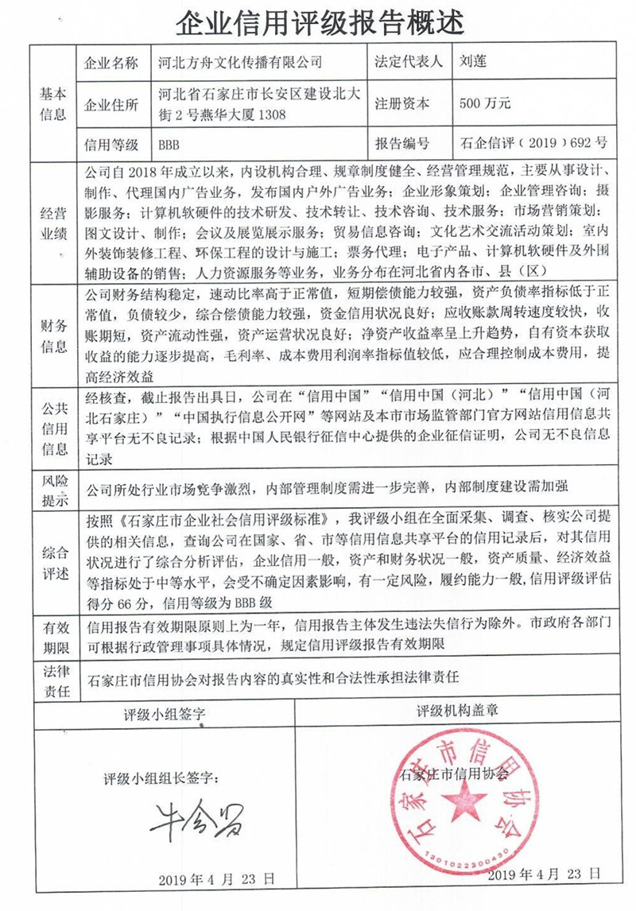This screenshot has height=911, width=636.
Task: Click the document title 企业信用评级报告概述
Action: [x=318, y=21]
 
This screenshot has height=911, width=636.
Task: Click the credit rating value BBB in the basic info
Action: [x=169, y=144]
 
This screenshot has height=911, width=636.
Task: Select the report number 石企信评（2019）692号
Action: [x=533, y=144]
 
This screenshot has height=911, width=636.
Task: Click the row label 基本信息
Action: [x=53, y=103]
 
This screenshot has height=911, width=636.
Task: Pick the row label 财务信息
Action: [x=53, y=335]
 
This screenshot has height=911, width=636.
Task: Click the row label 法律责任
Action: [x=53, y=681]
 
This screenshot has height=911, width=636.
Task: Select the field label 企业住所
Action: [x=111, y=104]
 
